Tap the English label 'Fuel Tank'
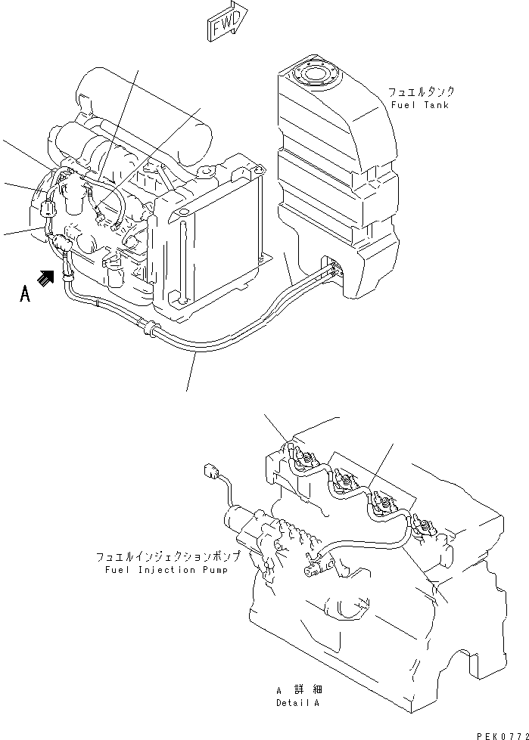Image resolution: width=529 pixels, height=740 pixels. [419, 105]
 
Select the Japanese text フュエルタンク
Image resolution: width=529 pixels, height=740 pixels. [422, 91]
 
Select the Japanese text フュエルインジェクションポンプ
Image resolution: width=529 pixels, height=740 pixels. [168, 556]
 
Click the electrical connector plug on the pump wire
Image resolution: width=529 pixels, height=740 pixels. [212, 473]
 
